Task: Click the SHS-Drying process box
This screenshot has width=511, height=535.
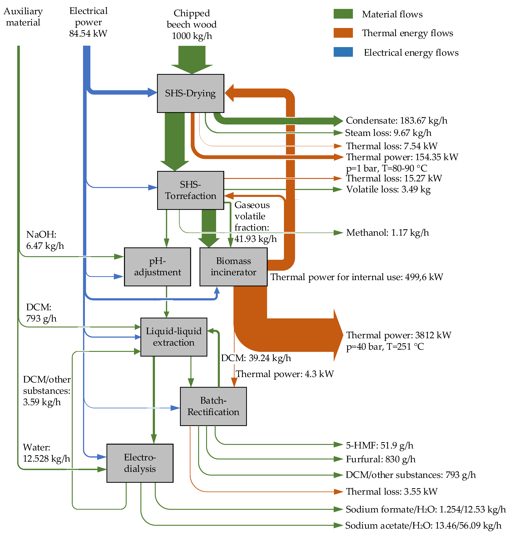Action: click(190, 93)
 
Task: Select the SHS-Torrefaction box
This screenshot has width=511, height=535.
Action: click(190, 190)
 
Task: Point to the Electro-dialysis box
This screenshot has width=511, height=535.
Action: click(140, 463)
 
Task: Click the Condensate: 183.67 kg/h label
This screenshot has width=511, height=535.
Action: click(396, 120)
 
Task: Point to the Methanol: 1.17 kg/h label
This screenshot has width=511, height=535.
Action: click(387, 233)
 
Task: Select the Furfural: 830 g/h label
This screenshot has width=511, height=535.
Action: click(381, 459)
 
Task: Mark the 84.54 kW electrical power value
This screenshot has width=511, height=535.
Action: click(88, 33)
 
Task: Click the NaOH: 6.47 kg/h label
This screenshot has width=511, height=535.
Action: click(45, 240)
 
